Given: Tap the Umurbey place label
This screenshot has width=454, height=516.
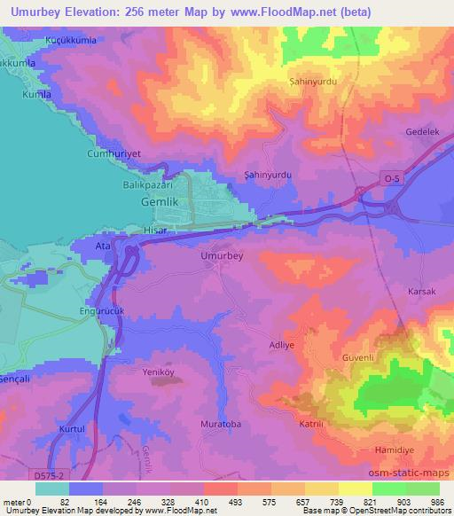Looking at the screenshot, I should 222,255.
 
